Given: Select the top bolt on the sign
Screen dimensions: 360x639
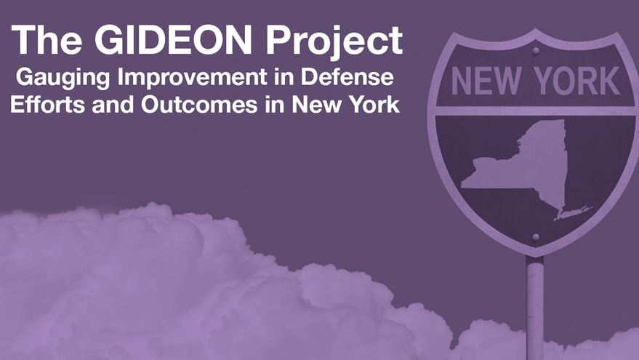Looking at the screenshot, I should pyautogui.click(x=536, y=51).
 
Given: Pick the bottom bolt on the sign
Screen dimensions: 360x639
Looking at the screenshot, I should pyautogui.click(x=536, y=237).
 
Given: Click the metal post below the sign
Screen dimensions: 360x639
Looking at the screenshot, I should pyautogui.click(x=534, y=305).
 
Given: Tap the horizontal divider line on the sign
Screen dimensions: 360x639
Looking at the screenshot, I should pyautogui.click(x=535, y=111).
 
